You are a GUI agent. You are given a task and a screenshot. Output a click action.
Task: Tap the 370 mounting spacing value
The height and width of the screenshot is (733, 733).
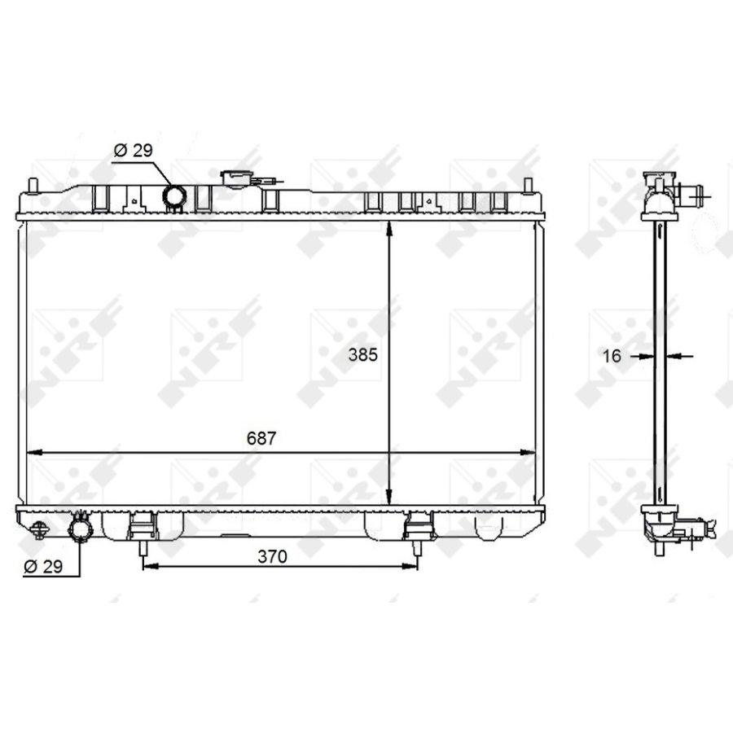point(273,556)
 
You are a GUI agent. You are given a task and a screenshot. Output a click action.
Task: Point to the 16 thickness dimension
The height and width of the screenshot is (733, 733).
point(613,355)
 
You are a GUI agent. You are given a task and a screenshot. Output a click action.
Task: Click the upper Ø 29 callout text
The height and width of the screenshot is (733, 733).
point(133,151)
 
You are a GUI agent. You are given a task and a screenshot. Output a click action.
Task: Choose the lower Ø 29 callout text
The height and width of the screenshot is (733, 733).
point(43,566)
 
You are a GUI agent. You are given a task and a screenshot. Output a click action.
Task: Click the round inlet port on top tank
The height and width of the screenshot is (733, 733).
point(174,195)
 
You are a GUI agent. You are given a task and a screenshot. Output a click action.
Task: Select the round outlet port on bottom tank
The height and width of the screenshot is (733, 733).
point(81,530)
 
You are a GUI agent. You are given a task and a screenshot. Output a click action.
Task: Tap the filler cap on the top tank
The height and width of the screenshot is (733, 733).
point(235,178)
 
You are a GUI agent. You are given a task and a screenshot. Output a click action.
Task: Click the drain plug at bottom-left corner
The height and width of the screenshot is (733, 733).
point(37,530)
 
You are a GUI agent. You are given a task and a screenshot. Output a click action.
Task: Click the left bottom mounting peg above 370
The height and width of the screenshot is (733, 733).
point(143,546)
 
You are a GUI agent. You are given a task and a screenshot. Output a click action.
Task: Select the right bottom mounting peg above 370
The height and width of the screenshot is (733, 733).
point(418,546)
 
